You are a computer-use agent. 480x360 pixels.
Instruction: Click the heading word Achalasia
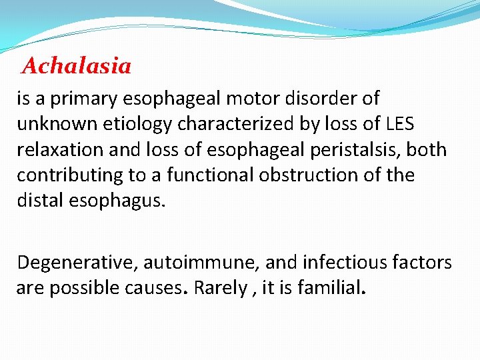pos(77,66)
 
